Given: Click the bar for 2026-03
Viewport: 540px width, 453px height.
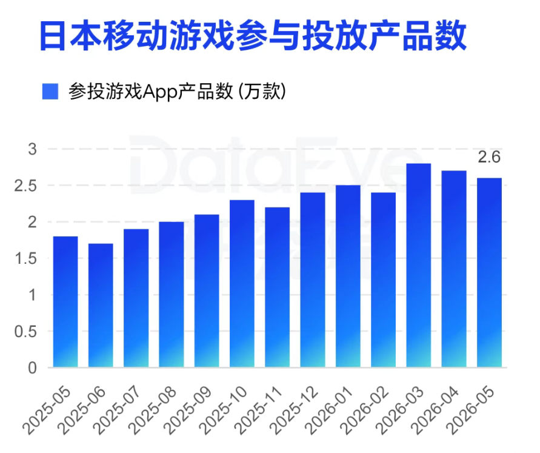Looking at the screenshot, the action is coord(418,265).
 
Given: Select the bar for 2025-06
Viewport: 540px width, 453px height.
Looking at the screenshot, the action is coord(101,306).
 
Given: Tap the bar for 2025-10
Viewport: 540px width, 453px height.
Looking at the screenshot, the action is coord(242,284).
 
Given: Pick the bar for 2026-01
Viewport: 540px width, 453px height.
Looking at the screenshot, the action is coord(348,277).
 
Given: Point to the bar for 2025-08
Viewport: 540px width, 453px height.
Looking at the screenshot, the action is coord(171,295).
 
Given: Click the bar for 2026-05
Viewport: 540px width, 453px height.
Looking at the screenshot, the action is coord(489,272).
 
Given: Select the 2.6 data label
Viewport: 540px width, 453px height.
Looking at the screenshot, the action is coord(489,157).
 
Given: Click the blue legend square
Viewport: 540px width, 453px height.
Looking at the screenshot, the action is coord(50,92).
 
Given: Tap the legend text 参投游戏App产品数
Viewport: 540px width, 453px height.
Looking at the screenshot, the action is coord(150,92).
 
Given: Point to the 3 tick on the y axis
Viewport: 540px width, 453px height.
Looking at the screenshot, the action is coord(32,149).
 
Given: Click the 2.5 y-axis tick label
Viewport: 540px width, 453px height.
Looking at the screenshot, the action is coord(25,186).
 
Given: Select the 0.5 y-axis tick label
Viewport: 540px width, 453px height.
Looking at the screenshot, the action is coord(25,331).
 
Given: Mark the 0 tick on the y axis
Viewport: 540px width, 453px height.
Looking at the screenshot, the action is coord(32,368).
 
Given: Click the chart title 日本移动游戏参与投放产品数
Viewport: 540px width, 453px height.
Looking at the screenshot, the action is coord(253,36).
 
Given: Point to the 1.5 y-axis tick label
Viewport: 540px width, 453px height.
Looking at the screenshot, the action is coord(25,258).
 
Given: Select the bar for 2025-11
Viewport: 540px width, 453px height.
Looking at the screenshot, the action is coord(277,287).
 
